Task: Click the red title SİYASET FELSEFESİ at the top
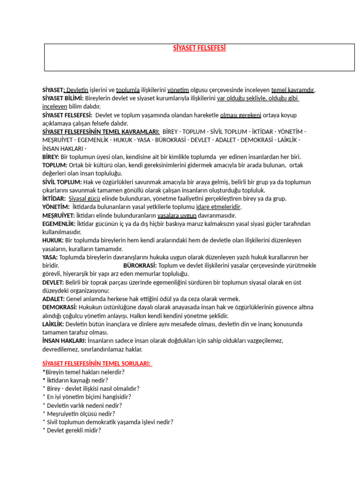pyautogui.click(x=199, y=48)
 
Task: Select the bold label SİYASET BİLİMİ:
pyautogui.click(x=63, y=98)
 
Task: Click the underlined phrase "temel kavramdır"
pyautogui.click(x=293, y=90)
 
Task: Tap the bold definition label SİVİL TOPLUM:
pyautogui.click(x=62, y=182)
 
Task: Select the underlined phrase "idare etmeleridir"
pyautogui.click(x=218, y=207)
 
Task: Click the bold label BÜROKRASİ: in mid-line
pyautogui.click(x=140, y=265)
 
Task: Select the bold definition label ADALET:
pyautogui.click(x=53, y=299)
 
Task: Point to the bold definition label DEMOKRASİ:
pyautogui.click(x=60, y=307)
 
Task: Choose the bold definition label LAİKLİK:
pyautogui.click(x=53, y=324)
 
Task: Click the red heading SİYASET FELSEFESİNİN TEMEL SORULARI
pyautogui.click(x=97, y=363)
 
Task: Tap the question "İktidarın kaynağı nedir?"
pyautogui.click(x=77, y=380)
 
